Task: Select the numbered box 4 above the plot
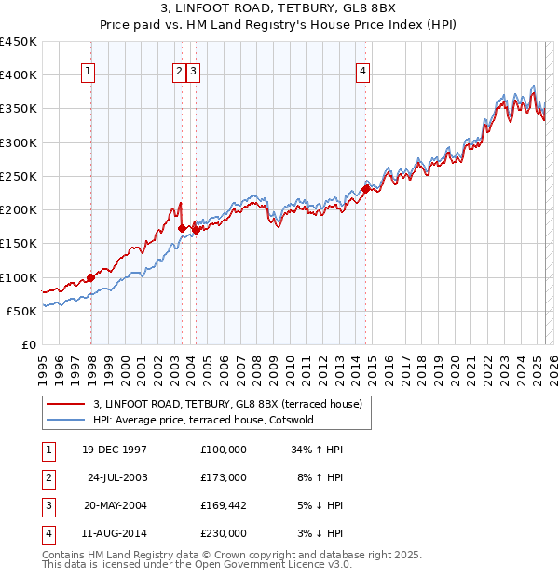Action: [362, 71]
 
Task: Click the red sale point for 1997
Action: [91, 277]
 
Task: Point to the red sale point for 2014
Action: [365, 189]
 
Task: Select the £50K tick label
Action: [22, 311]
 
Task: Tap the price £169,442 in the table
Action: [223, 507]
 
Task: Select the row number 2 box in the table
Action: [47, 478]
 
